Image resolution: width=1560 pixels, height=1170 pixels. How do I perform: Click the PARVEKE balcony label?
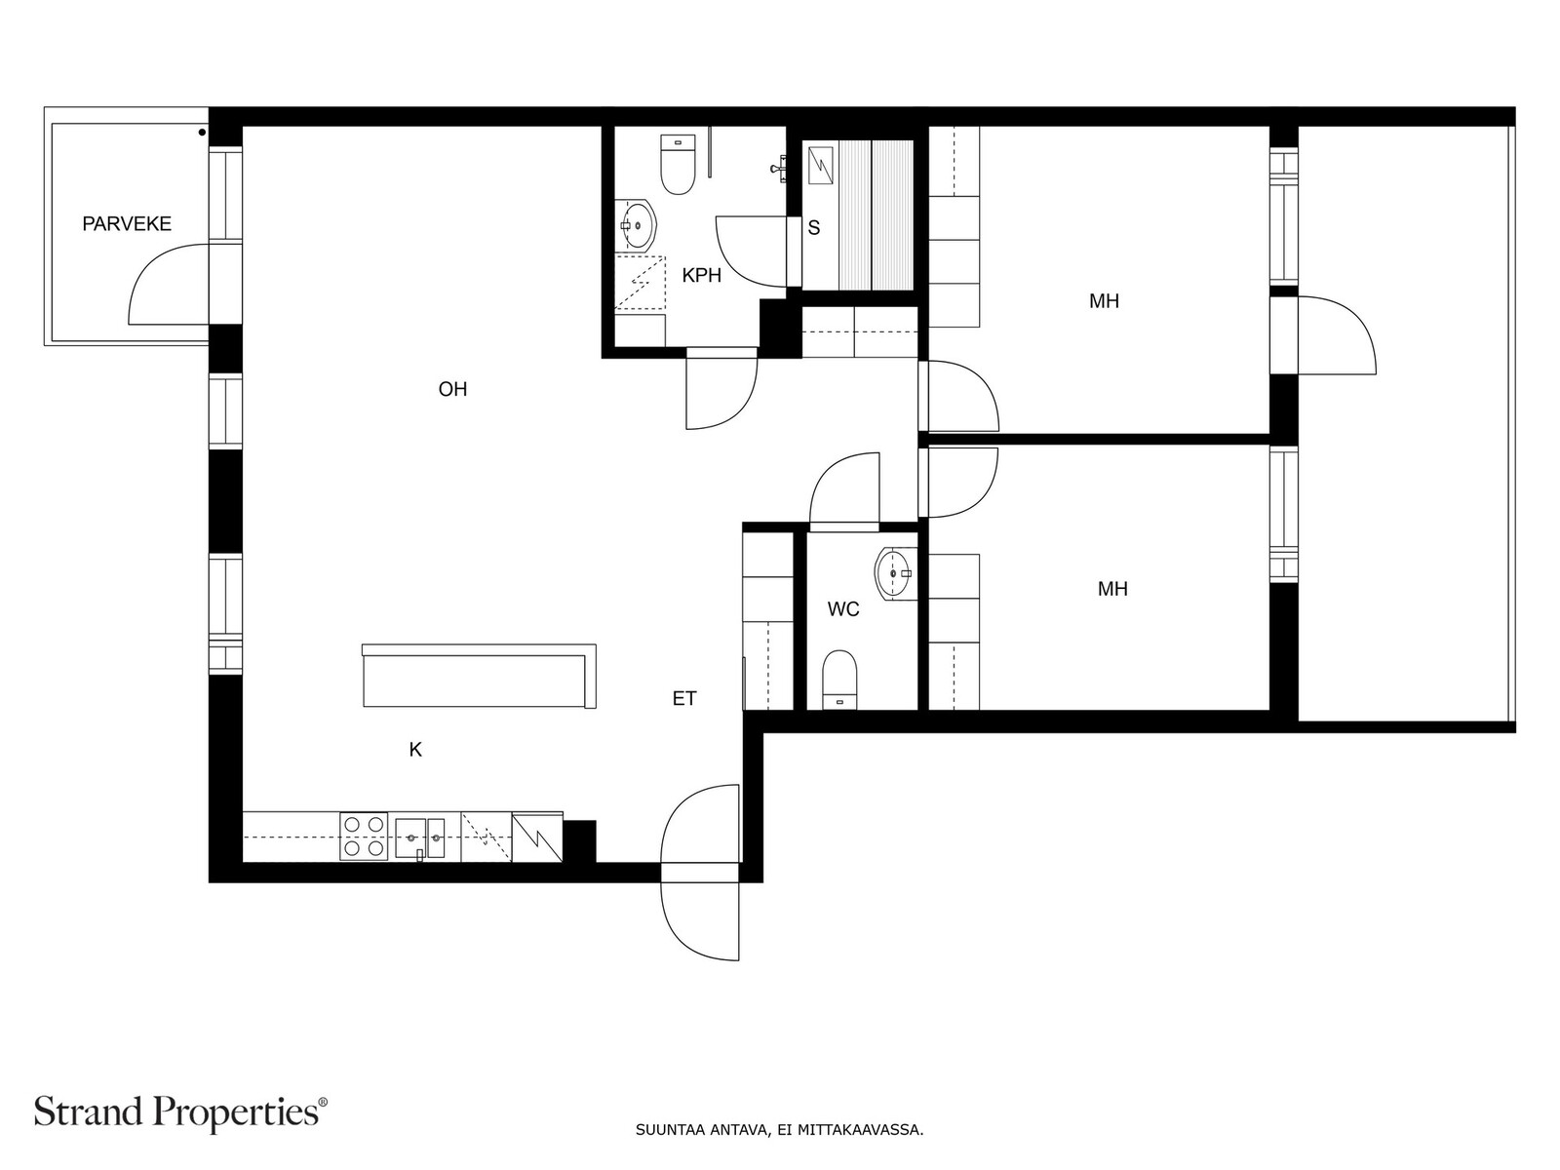pyautogui.click(x=127, y=224)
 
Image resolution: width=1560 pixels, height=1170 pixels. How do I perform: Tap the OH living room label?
pyautogui.click(x=452, y=390)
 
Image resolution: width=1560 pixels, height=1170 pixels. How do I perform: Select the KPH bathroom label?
pyautogui.click(x=701, y=276)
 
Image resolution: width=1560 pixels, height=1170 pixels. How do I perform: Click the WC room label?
pyautogui.click(x=843, y=610)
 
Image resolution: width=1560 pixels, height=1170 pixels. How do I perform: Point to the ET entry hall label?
pyautogui.click(x=684, y=699)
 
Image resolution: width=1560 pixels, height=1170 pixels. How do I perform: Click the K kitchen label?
pyautogui.click(x=415, y=750)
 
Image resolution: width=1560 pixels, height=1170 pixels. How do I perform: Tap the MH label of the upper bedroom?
pyautogui.click(x=1104, y=301)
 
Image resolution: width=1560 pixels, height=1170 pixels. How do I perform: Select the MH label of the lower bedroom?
pyautogui.click(x=1112, y=589)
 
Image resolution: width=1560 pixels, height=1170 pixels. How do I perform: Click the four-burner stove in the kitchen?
pyautogui.click(x=364, y=837)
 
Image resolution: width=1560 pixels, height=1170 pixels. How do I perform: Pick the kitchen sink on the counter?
pyautogui.click(x=420, y=838)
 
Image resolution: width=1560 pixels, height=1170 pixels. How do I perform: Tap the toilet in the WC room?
pyautogui.click(x=839, y=678)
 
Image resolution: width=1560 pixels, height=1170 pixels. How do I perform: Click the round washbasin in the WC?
pyautogui.click(x=894, y=574)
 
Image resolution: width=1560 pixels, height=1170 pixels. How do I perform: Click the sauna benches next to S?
pyautogui.click(x=876, y=214)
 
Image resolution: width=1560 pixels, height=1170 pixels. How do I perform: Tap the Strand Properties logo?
pyautogui.click(x=180, y=1111)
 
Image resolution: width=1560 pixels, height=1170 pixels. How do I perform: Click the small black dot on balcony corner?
pyautogui.click(x=202, y=131)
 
